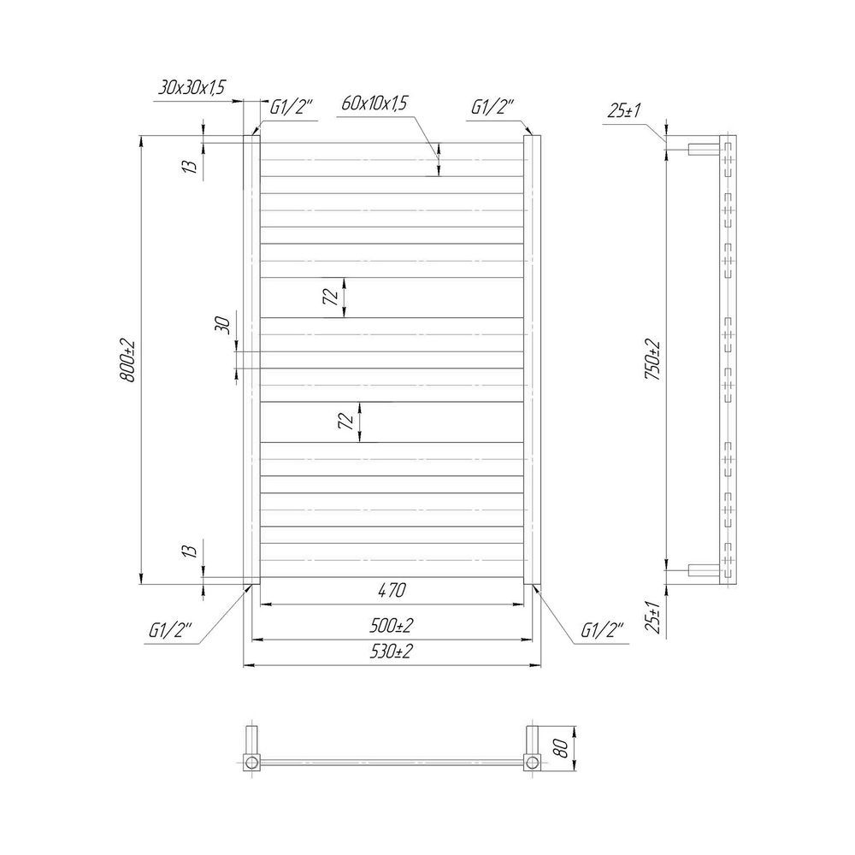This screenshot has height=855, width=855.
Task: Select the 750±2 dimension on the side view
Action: [652, 360]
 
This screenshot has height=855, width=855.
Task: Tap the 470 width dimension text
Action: [392, 591]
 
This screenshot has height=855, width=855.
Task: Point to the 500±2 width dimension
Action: [391, 626]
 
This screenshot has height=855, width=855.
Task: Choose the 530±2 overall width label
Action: [391, 651]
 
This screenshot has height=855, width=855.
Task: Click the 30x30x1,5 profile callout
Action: [192, 87]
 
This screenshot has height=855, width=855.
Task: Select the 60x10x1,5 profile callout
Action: [374, 103]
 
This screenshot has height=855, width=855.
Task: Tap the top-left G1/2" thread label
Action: [292, 107]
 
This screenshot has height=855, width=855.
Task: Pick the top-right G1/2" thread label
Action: [492, 107]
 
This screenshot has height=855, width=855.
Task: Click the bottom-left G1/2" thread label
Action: [171, 630]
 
